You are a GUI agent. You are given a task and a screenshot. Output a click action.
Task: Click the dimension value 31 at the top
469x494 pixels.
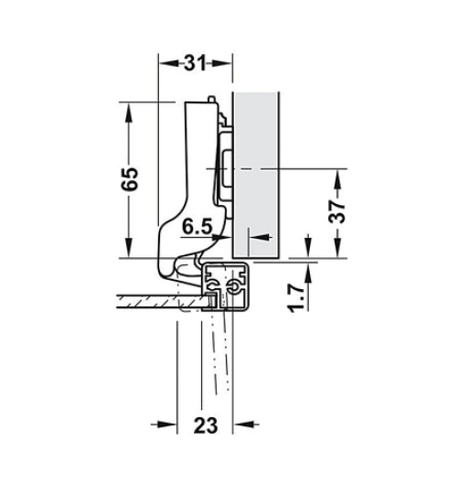tap(195, 63)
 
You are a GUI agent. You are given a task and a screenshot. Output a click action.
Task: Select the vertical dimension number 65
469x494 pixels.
tap(131, 178)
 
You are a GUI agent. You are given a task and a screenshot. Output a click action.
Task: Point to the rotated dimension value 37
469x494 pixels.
tap(337, 211)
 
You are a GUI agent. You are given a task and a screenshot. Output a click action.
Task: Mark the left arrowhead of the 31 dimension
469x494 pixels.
tap(165, 63)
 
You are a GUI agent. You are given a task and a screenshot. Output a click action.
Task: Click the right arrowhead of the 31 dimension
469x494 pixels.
tap(226, 63)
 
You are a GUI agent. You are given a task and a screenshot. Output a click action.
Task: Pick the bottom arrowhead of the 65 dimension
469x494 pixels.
tap(131, 253)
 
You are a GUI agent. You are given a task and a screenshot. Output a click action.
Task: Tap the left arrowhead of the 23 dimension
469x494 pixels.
tap(168, 424)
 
